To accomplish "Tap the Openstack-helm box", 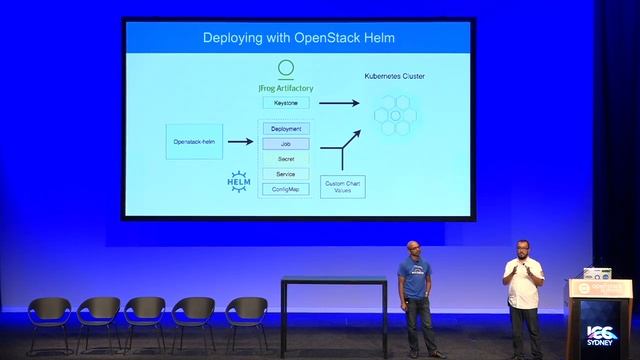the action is coord(193,142).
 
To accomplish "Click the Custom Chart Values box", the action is coord(343,187).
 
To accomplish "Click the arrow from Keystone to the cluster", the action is coord(339,102).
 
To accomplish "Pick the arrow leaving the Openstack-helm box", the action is coord(239,142).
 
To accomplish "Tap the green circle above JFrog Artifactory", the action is coord(285,69).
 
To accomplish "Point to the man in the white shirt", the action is coord(523,290).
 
